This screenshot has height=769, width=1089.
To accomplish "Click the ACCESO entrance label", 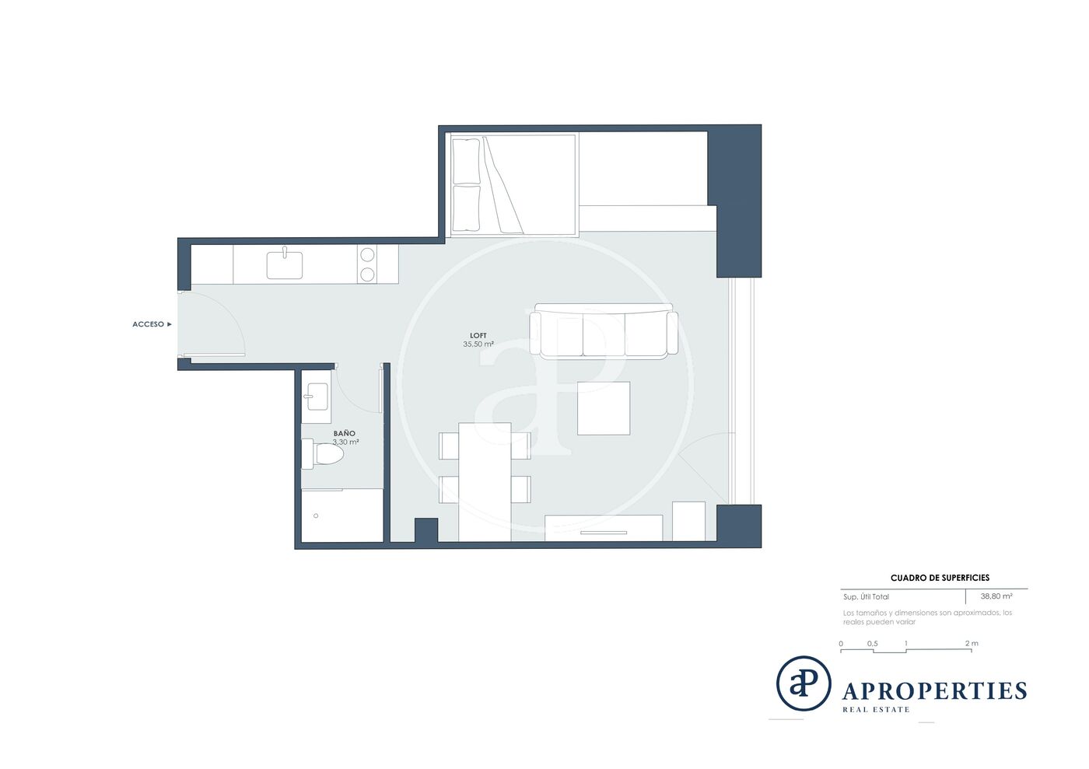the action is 149,324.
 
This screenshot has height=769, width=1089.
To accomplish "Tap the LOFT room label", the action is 478,335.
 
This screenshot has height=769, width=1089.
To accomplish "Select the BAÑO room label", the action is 344,433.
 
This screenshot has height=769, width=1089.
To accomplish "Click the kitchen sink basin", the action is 285,264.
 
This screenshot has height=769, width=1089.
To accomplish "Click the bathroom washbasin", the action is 317,397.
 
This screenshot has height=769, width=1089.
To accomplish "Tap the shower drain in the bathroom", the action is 316,516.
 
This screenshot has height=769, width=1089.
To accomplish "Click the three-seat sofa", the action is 604,331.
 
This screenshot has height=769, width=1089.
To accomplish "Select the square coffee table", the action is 604,408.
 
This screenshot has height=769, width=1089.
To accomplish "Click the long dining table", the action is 485,482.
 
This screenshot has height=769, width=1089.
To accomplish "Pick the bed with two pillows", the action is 513,185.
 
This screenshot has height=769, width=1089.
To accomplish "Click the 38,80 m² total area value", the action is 996,596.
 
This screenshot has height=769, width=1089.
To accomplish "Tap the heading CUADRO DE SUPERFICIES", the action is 940,578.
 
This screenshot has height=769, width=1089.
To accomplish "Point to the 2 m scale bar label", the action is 972,643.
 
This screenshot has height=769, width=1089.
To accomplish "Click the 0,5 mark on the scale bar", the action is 873,643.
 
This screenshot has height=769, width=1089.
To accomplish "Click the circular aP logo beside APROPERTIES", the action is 804,683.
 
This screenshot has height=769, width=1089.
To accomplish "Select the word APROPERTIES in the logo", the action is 934,690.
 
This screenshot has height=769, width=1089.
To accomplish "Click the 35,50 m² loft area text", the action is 478,344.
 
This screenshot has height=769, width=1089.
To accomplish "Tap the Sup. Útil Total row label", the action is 866,596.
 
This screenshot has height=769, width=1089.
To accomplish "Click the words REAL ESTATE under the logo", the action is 876,710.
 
